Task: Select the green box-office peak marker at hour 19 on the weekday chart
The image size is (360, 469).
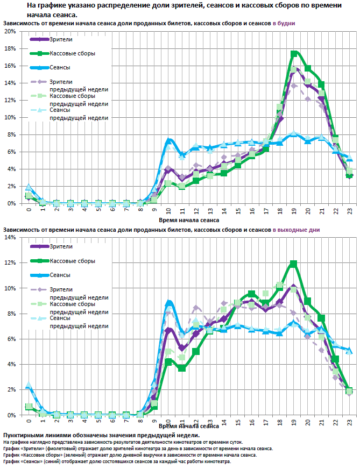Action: pyautogui.click(x=294, y=54)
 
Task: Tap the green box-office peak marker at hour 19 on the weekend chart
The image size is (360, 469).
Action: pyautogui.click(x=293, y=264)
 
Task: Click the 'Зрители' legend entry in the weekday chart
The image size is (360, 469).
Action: pyautogui.click(x=60, y=40)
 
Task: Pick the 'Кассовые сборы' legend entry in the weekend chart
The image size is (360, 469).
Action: pyautogui.click(x=72, y=261)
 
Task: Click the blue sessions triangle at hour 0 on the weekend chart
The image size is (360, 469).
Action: pyautogui.click(x=29, y=386)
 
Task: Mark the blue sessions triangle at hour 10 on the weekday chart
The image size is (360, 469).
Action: pyautogui.click(x=168, y=141)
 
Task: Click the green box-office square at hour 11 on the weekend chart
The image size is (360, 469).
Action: pyautogui.click(x=182, y=368)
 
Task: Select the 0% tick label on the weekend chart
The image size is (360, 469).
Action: pyautogui.click(x=11, y=415)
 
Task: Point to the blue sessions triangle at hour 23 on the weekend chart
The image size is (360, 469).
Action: pyautogui.click(x=349, y=351)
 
